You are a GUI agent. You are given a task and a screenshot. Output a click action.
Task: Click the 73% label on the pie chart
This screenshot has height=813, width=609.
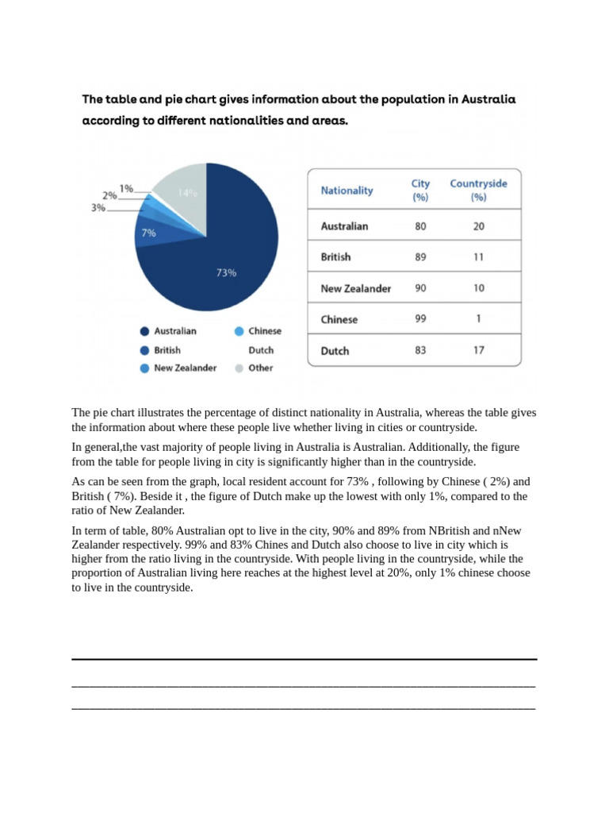226,272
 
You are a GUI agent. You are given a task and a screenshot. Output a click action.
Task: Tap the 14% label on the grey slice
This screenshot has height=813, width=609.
187,193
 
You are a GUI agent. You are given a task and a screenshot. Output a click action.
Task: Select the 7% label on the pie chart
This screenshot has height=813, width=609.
148,233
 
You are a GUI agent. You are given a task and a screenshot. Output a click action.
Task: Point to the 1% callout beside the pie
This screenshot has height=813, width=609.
126,189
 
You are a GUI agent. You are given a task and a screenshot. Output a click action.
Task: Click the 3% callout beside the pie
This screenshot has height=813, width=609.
98,207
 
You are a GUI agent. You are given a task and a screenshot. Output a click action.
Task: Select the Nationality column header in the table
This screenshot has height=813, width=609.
347,191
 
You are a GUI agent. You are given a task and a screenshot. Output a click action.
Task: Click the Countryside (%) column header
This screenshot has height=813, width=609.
478,190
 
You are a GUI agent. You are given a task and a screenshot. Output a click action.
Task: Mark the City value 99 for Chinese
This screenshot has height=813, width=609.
420,319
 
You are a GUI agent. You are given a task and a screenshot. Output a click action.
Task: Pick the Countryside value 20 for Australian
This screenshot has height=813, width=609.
478,226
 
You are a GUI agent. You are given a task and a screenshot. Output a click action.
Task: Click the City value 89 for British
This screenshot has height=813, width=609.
420,257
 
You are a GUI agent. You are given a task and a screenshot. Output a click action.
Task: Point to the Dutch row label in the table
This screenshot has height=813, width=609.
335,350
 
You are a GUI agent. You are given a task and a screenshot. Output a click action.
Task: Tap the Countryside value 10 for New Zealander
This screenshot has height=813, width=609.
478,288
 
